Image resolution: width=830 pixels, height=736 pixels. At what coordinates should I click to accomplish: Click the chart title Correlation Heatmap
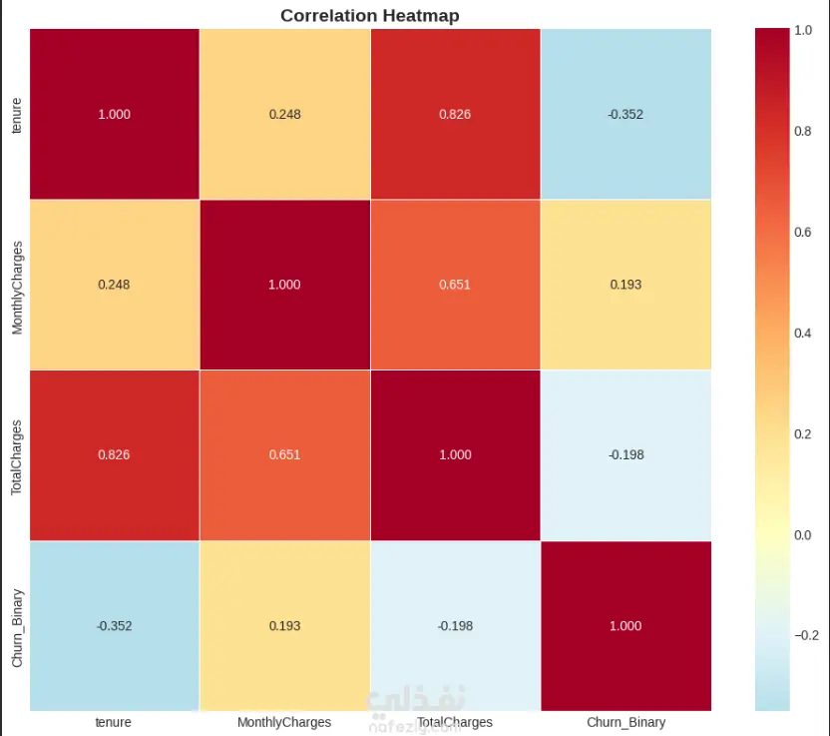(370, 15)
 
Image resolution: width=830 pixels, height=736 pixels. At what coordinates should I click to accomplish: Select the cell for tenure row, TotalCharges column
(455, 114)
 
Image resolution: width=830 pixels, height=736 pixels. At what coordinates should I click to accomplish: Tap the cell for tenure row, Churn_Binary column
(625, 114)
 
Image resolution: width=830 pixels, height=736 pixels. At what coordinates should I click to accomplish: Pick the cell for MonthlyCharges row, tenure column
(114, 285)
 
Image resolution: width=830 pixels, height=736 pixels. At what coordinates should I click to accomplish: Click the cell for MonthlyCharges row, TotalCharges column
(455, 285)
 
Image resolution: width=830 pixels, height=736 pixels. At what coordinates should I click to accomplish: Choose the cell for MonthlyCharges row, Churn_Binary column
(625, 285)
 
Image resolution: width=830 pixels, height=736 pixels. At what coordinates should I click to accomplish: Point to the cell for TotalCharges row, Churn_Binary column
(625, 455)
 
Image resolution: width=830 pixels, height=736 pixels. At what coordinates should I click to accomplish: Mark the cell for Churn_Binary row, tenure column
(114, 626)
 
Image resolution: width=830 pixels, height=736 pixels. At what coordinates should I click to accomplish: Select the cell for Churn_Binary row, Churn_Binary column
(625, 626)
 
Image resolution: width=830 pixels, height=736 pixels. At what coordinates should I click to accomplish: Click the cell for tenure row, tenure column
(114, 114)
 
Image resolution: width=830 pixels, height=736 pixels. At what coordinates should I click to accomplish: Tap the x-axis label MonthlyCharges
(284, 721)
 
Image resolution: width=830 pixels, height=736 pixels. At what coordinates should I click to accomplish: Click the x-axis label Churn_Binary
(625, 721)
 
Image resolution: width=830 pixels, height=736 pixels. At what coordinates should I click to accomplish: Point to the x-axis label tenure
(114, 721)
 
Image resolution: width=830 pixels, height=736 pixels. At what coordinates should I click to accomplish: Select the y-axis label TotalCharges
(16, 455)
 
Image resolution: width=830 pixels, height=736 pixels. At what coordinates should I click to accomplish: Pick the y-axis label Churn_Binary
(16, 626)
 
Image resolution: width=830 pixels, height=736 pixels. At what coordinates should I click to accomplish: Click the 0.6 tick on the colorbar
(801, 232)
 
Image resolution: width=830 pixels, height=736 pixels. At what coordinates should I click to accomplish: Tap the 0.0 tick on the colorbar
(801, 534)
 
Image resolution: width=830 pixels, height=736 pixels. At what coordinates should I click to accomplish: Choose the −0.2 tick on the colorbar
(804, 635)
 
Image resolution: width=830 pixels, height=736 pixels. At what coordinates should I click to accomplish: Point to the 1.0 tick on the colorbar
(801, 31)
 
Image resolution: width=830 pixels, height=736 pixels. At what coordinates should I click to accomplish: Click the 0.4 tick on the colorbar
(801, 333)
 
